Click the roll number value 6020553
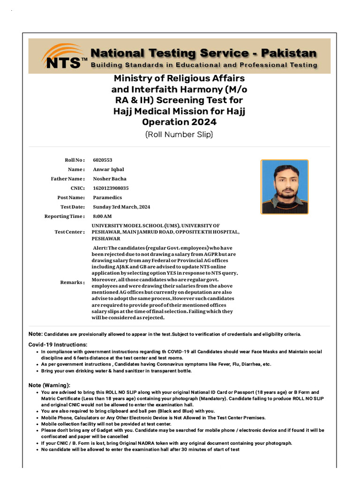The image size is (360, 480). point(103,160)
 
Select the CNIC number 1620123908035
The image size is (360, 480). point(111,188)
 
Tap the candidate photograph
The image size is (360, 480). point(285,187)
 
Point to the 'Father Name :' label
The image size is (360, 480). point(68,179)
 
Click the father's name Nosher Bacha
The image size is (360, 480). point(110,179)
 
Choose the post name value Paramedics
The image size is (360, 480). point(106,197)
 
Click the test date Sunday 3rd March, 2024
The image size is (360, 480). point(121,207)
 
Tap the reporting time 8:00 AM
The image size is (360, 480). point(102,216)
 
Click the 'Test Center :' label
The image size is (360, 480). point(70,232)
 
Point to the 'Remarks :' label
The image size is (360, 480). point(73,282)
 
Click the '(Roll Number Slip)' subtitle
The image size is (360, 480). point(179,135)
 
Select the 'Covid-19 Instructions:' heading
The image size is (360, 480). point(58,345)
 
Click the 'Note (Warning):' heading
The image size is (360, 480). point(50,385)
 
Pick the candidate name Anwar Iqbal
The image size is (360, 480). point(109,169)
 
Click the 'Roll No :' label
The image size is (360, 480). point(75,160)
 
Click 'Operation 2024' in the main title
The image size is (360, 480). point(179,122)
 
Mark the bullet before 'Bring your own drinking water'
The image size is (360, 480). point(37,371)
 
